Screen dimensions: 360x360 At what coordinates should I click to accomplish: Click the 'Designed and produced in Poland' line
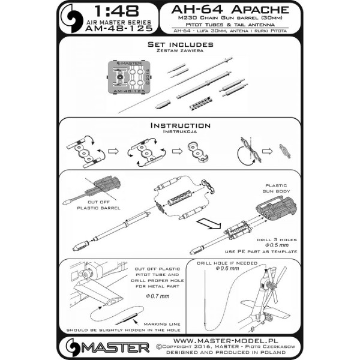(x=234, y=352)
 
